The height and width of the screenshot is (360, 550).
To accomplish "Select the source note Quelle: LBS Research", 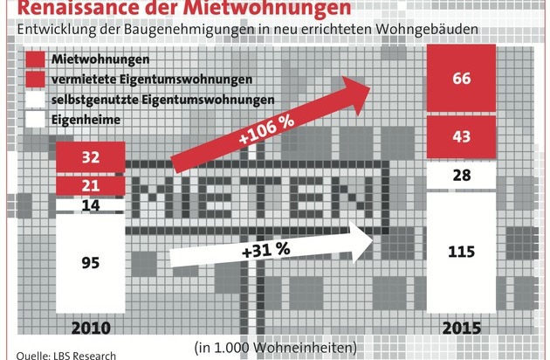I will click(60, 354).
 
